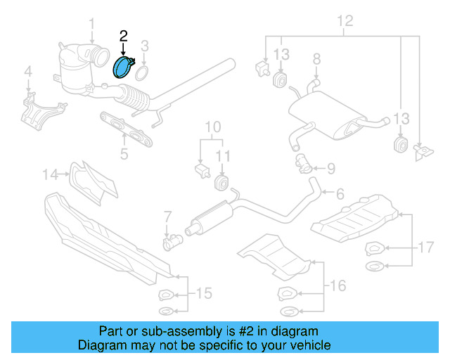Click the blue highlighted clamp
pos(123,68)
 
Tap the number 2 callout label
pos(124,35)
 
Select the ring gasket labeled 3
pos(141,72)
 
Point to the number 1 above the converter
pos(91,27)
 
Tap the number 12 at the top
pos(344,20)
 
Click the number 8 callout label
pos(316,58)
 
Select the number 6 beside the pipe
pos(340,193)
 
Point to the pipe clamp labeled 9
pos(304,166)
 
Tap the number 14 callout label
pos(50,174)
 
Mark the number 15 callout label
pos(202,292)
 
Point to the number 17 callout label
pos(425,247)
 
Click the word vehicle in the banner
pos(308,345)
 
